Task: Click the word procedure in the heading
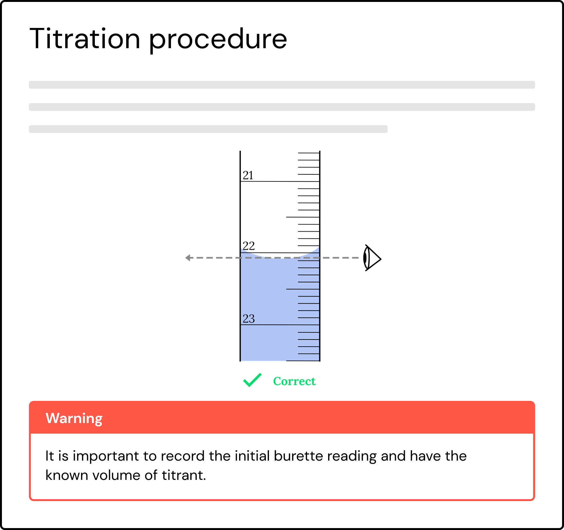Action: (x=218, y=40)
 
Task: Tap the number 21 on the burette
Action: (x=248, y=175)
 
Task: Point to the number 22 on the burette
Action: (x=249, y=246)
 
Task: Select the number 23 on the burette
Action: (x=249, y=319)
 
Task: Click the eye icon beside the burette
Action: (x=372, y=258)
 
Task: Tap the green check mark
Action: (x=253, y=380)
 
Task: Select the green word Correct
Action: (x=294, y=381)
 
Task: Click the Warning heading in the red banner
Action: (x=74, y=418)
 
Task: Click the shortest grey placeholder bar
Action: (x=208, y=129)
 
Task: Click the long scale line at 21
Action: (x=280, y=181)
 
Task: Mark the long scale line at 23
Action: (x=280, y=325)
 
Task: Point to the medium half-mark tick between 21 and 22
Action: (x=303, y=217)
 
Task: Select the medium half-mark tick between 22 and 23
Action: (x=303, y=289)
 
